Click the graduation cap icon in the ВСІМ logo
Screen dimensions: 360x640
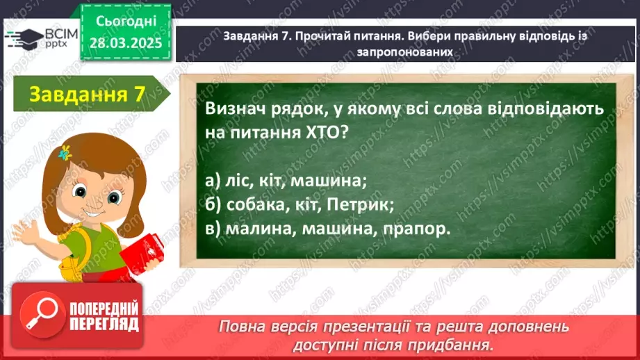22,36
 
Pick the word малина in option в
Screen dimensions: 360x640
253,229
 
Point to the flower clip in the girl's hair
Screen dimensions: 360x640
66,152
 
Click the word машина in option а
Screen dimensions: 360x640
327,181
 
